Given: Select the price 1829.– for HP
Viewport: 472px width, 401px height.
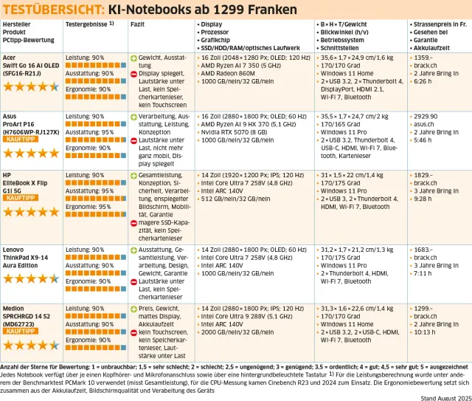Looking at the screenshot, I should point(423,176).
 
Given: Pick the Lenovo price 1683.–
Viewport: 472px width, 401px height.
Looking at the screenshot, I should point(423,251).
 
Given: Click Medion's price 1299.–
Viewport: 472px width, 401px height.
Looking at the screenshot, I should point(423,309).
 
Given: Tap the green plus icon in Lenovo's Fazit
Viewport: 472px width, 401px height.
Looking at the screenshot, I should point(133,251).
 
